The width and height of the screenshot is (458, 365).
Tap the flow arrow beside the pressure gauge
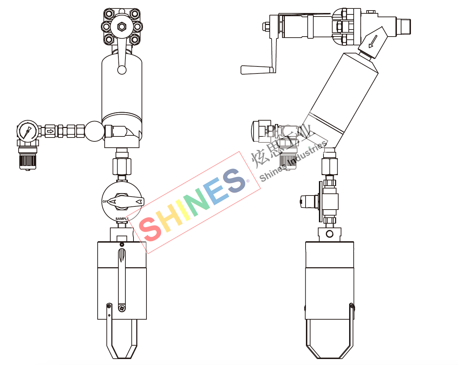coord(50,131)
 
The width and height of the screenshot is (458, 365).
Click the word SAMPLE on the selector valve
coord(122,219)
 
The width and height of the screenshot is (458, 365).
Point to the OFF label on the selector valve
coord(105,201)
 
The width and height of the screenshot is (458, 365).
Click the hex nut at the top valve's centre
coord(122,27)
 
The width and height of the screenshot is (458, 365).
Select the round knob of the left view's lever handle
coord(122,70)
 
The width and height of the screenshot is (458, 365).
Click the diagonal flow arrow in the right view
coord(373,41)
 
